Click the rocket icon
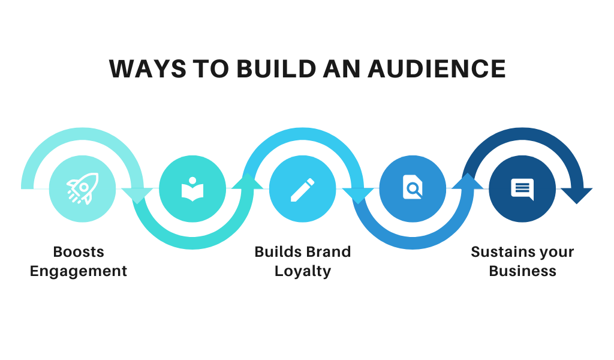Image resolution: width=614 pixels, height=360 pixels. click(x=83, y=188)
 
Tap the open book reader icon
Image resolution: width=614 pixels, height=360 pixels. click(x=192, y=189)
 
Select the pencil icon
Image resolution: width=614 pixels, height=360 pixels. click(x=302, y=190)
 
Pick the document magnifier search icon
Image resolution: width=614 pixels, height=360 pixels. click(x=413, y=187)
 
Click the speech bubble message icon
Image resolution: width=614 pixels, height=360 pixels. click(x=522, y=189)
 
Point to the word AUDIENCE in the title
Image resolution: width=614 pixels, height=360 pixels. click(x=437, y=69)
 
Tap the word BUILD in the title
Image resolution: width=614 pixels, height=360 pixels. click(x=276, y=69)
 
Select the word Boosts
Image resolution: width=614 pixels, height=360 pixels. click(x=79, y=252)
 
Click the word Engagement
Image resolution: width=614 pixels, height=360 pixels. click(x=79, y=271)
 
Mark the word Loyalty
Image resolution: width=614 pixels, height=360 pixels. click(x=303, y=271)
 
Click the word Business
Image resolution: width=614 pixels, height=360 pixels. click(x=523, y=271)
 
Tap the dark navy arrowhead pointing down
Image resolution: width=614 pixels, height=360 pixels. click(x=577, y=196)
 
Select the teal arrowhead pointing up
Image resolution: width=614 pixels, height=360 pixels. click(x=248, y=181)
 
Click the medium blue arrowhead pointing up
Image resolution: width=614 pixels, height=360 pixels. click(x=468, y=181)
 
